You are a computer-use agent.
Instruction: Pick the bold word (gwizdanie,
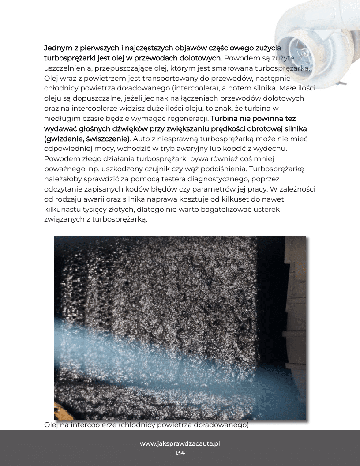coord(64,139)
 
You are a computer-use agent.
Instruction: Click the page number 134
coord(180,453)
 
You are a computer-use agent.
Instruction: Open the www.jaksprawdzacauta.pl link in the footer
coord(180,443)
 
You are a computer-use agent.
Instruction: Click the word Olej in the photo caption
coord(52,425)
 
